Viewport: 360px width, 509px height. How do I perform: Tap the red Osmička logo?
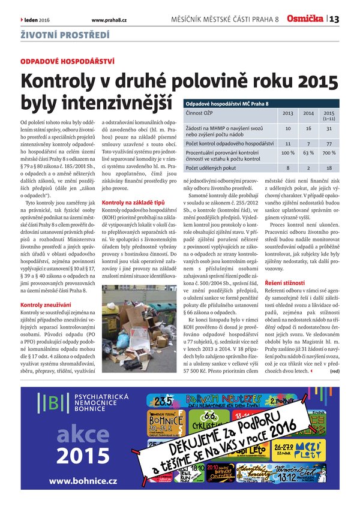coord(305,19)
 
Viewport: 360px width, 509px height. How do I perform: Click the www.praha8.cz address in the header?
coord(109,20)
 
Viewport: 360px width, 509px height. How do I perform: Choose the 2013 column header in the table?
coord(288,113)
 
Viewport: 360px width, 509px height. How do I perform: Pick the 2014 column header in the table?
coord(308,113)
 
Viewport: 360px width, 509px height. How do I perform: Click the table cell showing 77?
coord(329,144)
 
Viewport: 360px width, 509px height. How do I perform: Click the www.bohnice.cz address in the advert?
coord(83,481)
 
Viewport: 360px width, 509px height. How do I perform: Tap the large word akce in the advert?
coord(82,434)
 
